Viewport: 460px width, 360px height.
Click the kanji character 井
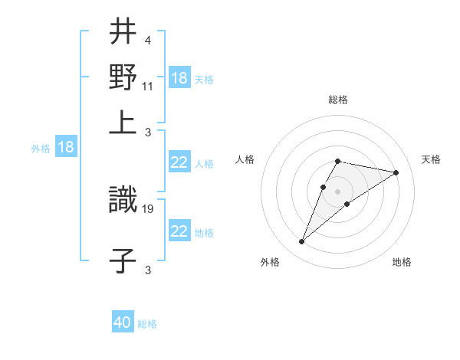(x=123, y=33)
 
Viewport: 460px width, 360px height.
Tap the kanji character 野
(x=123, y=77)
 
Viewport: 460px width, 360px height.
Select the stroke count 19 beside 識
(x=149, y=207)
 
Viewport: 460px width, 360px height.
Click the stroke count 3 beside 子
(x=147, y=269)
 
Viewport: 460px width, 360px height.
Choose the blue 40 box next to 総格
(x=123, y=322)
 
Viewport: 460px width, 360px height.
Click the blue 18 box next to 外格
(x=66, y=147)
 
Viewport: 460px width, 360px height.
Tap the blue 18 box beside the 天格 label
(x=179, y=78)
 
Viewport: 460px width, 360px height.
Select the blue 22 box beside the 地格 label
(x=179, y=231)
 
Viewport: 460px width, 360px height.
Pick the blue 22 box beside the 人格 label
(x=179, y=162)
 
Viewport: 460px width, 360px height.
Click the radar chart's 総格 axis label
(x=338, y=100)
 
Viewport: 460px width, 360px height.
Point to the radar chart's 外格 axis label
(x=270, y=263)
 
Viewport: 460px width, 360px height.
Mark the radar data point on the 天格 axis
(x=396, y=173)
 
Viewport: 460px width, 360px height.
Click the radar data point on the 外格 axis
(x=301, y=242)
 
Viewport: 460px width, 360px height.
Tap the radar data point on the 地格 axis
(x=347, y=204)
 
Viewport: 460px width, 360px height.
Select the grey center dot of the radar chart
(x=337, y=191)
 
